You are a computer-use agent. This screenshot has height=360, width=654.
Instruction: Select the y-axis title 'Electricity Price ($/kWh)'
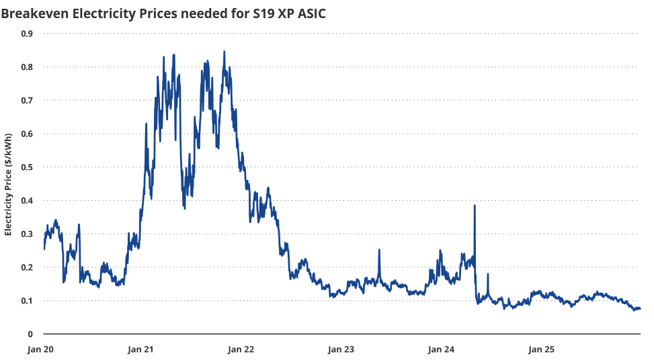tap(8, 183)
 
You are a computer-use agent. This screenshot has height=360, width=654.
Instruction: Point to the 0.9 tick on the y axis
tap(27, 34)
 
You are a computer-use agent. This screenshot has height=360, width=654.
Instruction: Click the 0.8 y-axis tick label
tap(27, 67)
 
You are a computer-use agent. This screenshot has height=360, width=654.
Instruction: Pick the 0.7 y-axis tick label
tap(27, 100)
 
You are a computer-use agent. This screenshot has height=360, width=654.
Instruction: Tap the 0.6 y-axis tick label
tap(27, 134)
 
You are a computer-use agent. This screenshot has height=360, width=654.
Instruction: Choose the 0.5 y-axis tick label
tap(27, 167)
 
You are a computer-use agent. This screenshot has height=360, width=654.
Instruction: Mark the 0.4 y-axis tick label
tap(27, 200)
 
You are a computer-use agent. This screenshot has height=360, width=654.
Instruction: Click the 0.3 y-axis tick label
tap(27, 234)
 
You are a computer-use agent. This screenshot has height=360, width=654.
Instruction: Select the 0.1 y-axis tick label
tap(27, 300)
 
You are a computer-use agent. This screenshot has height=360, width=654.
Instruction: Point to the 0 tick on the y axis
tap(30, 334)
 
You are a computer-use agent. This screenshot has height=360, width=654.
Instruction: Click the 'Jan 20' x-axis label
tap(40, 349)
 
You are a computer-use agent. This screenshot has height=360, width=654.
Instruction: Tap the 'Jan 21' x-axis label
tap(140, 349)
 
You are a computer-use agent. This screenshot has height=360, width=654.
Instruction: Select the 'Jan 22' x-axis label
tap(241, 349)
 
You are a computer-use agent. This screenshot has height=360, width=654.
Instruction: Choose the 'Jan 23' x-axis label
tap(341, 349)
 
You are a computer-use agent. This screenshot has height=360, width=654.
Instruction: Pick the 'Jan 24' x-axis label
tap(441, 349)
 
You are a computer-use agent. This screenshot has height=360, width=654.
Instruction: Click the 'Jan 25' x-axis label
tap(541, 349)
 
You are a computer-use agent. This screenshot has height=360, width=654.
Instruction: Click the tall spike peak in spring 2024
tap(475, 206)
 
